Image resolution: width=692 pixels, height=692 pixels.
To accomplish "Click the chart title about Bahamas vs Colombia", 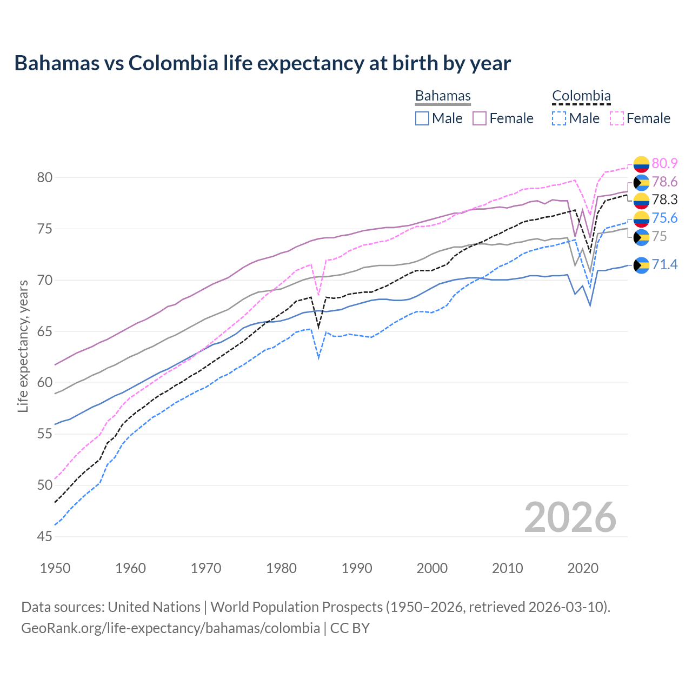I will (x=262, y=63).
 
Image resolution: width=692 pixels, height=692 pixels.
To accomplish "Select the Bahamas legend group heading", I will (x=443, y=96).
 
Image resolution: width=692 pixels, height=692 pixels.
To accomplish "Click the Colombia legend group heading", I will (x=581, y=96).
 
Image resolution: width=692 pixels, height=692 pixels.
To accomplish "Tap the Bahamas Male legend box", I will (x=422, y=118).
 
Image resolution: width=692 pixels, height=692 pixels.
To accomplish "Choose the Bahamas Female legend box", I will (x=480, y=118).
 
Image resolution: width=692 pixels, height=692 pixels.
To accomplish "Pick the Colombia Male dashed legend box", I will (x=559, y=118).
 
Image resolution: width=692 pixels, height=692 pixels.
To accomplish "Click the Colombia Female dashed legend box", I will (x=617, y=118).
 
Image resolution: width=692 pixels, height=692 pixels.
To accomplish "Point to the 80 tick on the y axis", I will (x=45, y=177).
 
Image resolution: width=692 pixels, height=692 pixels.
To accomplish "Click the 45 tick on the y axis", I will (x=45, y=536).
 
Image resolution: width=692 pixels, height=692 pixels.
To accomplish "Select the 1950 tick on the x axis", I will (x=55, y=568).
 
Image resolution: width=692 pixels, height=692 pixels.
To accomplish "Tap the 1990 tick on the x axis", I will (x=357, y=568).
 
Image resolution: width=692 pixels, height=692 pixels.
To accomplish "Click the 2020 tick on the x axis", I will (x=583, y=568).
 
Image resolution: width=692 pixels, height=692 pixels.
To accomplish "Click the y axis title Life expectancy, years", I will (x=23, y=346).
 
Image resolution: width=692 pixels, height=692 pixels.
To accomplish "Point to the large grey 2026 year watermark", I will (x=570, y=517).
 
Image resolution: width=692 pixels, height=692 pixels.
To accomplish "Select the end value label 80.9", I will (x=664, y=163).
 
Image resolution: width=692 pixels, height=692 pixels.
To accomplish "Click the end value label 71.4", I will (x=664, y=264).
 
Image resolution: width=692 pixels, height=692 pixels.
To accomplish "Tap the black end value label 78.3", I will (x=664, y=200).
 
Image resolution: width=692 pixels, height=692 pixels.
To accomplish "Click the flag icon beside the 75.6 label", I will (x=641, y=218).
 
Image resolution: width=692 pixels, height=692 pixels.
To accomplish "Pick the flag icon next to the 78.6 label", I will (x=641, y=182).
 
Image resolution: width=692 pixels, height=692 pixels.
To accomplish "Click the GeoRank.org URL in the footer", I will (x=170, y=628).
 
